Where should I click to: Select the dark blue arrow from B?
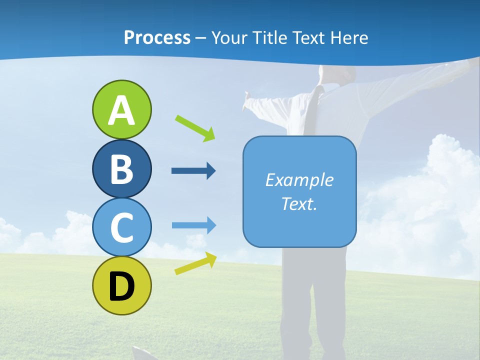193,171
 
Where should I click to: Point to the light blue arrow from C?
194,225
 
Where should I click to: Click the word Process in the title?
157,38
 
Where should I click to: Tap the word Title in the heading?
268,38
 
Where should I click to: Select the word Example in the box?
299,180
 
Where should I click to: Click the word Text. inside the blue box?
299,204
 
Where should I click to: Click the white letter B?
121,169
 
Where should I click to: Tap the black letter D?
121,287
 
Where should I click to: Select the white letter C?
121,227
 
